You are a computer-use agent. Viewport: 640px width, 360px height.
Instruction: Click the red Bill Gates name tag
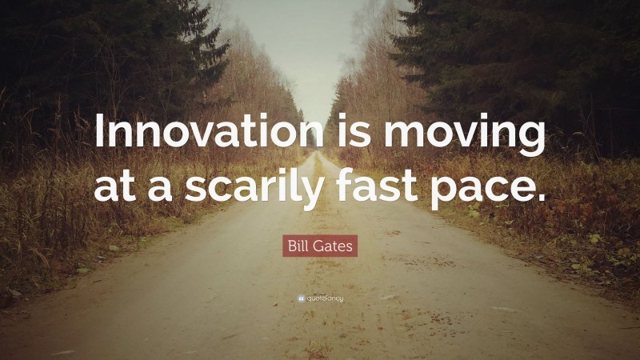pos(320,245)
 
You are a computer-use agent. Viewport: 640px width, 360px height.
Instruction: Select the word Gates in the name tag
pos(334,245)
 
